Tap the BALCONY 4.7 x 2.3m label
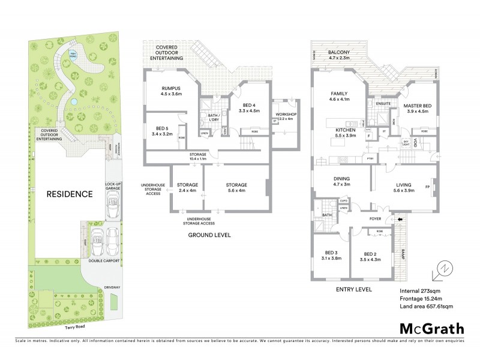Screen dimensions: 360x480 tap(346, 55)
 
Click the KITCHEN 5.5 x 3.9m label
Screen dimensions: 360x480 tap(347, 133)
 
